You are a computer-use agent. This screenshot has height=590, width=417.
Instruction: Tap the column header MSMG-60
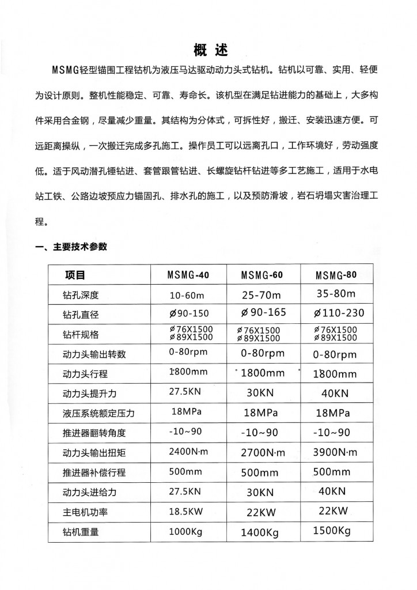(261, 275)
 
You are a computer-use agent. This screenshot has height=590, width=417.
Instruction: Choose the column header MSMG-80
(336, 275)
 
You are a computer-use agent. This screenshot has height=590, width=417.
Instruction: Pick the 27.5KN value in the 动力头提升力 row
(185, 393)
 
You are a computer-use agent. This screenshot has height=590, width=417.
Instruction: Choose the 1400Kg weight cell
(260, 533)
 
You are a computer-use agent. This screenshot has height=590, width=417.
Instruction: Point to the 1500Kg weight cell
(332, 531)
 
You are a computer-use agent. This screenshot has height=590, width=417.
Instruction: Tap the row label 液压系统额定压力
(101, 413)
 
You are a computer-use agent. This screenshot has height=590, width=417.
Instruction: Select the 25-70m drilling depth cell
(261, 296)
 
